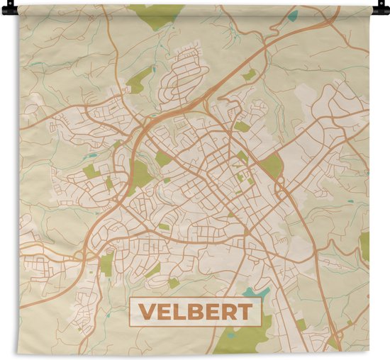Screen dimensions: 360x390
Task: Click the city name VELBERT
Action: click(x=195, y=312)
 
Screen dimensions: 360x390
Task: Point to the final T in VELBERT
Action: click(x=243, y=312)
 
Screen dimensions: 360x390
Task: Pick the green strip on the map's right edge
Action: click(x=364, y=244)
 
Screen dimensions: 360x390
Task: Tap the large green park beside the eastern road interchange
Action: click(x=271, y=166)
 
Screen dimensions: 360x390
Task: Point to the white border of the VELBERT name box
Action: click(x=195, y=298)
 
